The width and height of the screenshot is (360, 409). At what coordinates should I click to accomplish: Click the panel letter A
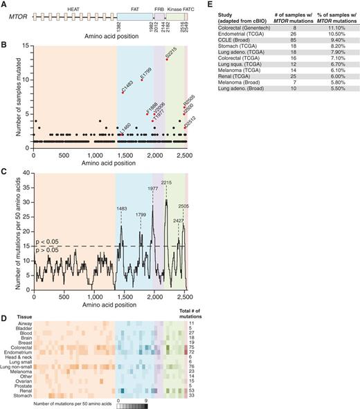(x=4, y=4)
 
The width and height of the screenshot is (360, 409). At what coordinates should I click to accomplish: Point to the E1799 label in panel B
(x=146, y=73)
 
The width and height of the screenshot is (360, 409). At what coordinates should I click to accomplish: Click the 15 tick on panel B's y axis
(x=27, y=46)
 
